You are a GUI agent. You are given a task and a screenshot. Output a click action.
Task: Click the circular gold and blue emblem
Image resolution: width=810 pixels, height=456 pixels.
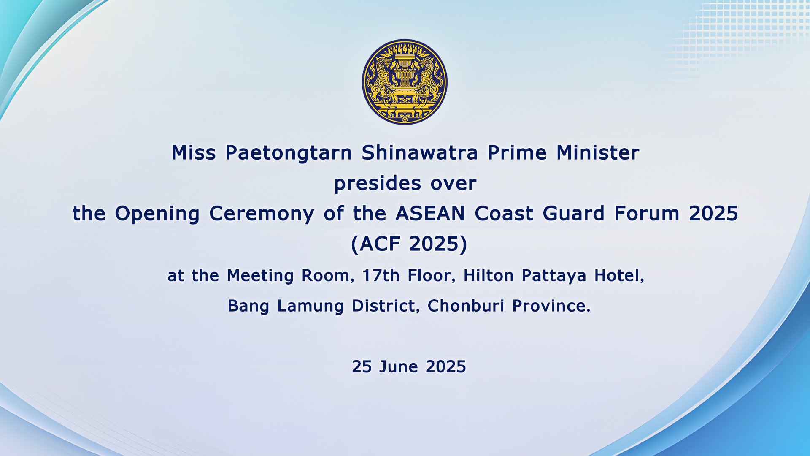pyautogui.click(x=405, y=82)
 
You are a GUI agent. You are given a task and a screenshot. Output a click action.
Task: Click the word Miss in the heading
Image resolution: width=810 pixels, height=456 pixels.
pyautogui.click(x=194, y=152)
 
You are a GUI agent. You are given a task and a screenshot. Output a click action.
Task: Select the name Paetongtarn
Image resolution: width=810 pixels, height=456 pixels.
pyautogui.click(x=289, y=153)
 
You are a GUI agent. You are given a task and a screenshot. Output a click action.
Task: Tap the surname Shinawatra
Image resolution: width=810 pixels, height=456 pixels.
pyautogui.click(x=420, y=152)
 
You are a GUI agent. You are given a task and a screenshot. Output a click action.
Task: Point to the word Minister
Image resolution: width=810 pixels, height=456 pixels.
pyautogui.click(x=598, y=152)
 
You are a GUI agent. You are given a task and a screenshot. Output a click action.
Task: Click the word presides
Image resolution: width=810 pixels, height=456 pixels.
pyautogui.click(x=378, y=184)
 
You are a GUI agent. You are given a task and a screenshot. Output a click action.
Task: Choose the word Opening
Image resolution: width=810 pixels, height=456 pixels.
pyautogui.click(x=157, y=214)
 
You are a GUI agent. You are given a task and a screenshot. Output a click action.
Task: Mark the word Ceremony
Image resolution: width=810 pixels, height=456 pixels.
pyautogui.click(x=262, y=214)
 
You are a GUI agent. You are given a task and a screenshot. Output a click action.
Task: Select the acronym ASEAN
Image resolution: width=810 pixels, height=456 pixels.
pyautogui.click(x=430, y=213)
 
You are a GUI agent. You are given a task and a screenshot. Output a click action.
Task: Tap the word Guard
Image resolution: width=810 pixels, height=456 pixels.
pyautogui.click(x=574, y=213)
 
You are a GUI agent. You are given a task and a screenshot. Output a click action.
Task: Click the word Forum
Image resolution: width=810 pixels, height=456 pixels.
pyautogui.click(x=647, y=213)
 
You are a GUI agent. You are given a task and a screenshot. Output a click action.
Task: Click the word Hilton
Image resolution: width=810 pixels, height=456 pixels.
pyautogui.click(x=488, y=275)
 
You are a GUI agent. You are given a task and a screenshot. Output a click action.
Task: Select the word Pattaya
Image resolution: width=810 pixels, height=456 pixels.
pyautogui.click(x=554, y=276)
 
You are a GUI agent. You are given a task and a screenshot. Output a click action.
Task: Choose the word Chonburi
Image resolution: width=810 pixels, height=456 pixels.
pyautogui.click(x=466, y=306)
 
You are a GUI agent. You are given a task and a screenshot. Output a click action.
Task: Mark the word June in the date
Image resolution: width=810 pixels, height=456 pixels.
pyautogui.click(x=399, y=366)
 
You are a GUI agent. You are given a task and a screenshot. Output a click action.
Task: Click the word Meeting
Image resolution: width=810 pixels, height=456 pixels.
pyautogui.click(x=260, y=276)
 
